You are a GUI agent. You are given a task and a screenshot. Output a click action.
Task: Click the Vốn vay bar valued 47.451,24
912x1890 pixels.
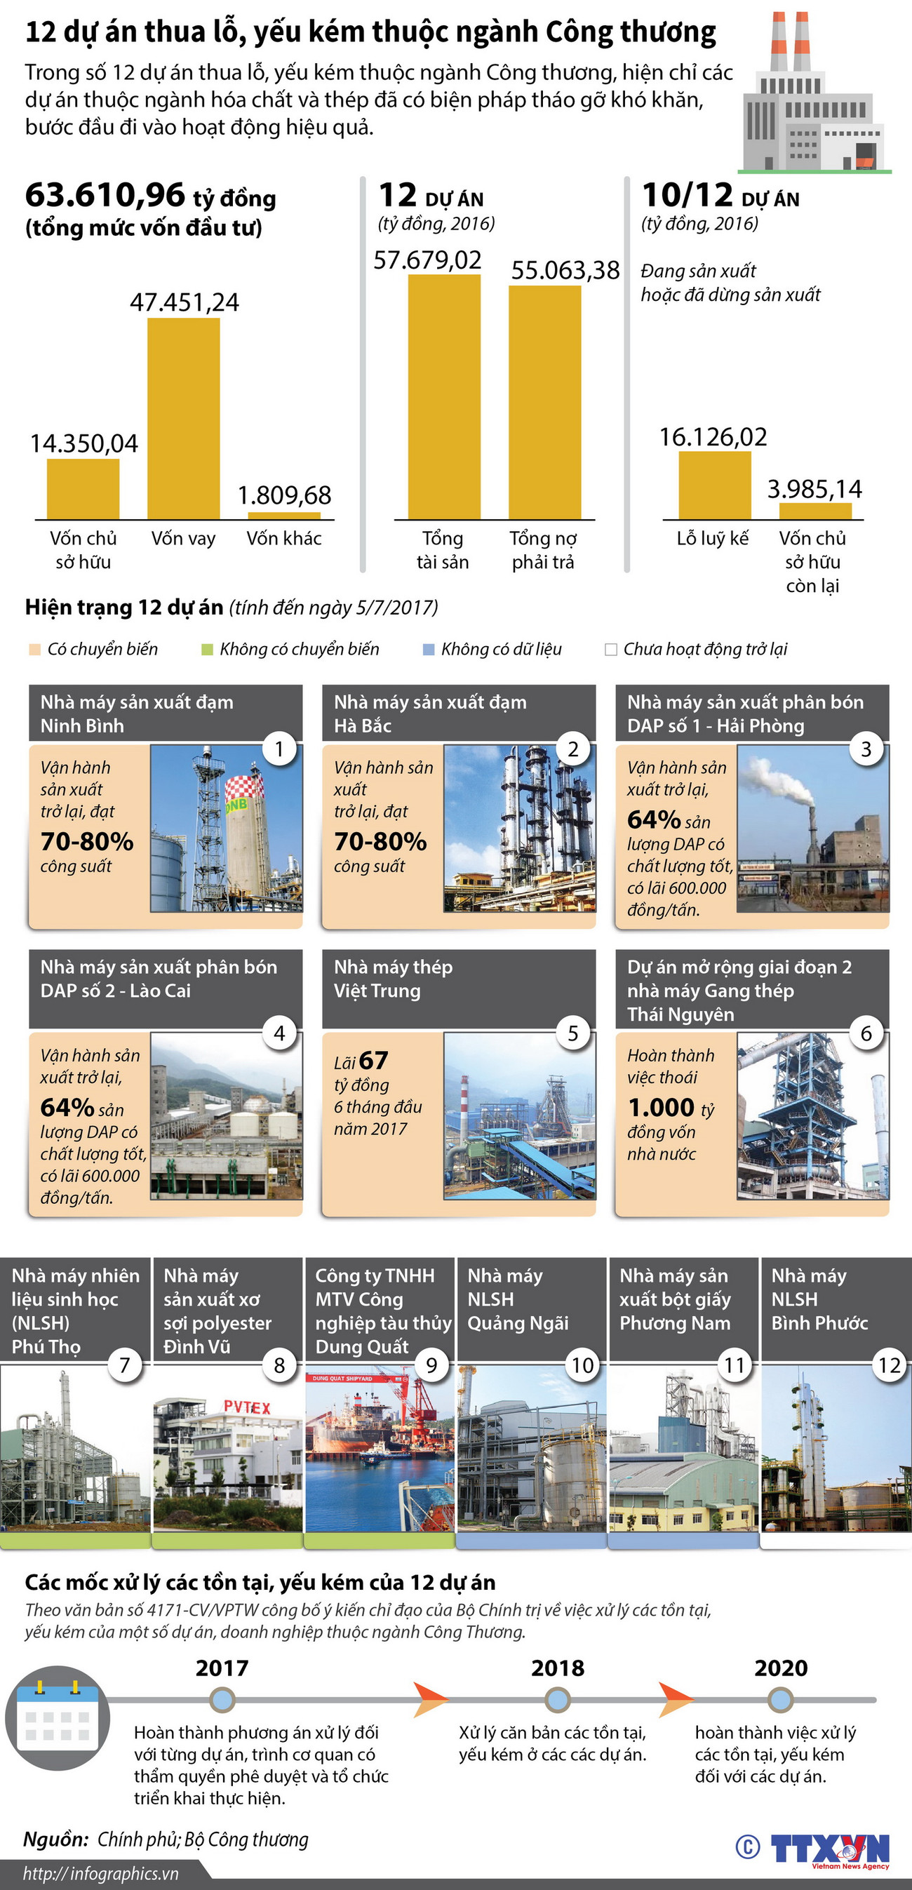(x=183, y=418)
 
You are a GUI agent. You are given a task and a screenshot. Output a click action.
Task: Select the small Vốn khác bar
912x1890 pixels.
(x=284, y=516)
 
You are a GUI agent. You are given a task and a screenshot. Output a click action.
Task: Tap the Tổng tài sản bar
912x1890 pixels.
(x=444, y=396)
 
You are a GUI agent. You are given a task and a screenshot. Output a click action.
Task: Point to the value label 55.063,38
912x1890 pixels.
(x=565, y=271)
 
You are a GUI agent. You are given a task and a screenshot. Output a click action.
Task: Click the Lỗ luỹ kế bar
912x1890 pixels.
(x=714, y=485)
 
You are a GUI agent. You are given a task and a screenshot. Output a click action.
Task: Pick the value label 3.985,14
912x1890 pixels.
(x=814, y=489)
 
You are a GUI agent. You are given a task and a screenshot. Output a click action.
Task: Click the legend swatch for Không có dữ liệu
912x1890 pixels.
(x=429, y=650)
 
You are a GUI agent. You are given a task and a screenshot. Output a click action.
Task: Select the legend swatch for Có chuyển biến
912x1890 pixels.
(x=34, y=650)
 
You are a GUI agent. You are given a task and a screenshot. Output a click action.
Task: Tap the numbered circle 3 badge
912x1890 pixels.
(x=866, y=749)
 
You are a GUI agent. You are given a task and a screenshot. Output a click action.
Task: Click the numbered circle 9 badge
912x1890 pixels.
(x=431, y=1365)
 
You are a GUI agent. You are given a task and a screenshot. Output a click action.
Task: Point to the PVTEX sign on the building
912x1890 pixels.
(x=247, y=1407)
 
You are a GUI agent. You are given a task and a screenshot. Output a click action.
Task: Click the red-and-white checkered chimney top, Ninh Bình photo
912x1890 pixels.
(x=244, y=787)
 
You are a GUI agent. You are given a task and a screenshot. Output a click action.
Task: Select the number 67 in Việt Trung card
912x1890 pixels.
(x=373, y=1060)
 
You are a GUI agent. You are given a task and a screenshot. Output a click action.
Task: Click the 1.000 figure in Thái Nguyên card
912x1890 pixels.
(x=661, y=1107)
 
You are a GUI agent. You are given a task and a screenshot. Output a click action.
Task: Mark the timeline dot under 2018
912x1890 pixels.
(x=558, y=1699)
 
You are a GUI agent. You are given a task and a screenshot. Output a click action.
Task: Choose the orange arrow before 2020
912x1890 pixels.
(x=674, y=1699)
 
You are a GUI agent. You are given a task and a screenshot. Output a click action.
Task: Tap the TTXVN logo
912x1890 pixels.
(x=829, y=1848)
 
